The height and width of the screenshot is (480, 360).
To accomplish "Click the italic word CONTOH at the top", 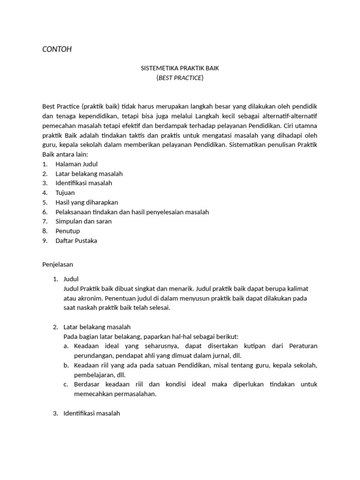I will click(x=57, y=49).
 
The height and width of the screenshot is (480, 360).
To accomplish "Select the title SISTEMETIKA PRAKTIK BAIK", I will click(x=180, y=68).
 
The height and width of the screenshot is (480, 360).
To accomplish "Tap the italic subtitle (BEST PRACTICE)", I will click(x=180, y=78).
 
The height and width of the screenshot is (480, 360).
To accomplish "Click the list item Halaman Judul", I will click(x=76, y=164).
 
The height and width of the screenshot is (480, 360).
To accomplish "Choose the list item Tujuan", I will click(x=65, y=193).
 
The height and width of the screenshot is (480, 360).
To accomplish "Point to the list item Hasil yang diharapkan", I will click(x=86, y=202).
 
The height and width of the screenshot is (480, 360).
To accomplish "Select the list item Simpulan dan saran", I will click(x=83, y=221).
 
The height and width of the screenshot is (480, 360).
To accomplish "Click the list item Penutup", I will click(x=67, y=231).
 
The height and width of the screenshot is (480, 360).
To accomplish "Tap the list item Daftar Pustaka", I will click(x=76, y=240).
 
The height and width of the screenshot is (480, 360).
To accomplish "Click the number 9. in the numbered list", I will click(x=45, y=240).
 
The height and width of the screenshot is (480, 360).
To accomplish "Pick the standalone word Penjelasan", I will click(x=58, y=264).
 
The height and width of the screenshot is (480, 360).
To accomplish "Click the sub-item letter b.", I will click(x=66, y=365).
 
